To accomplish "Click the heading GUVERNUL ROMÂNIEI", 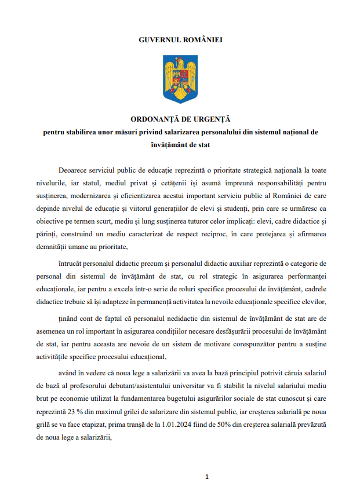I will coord(180,40).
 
